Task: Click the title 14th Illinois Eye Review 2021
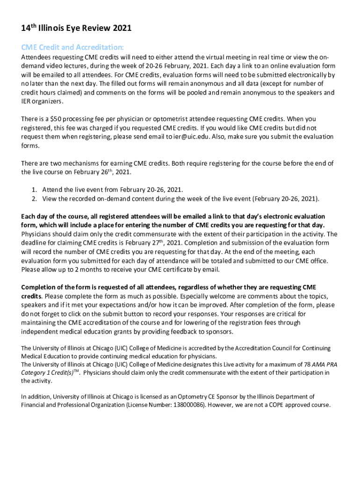76,29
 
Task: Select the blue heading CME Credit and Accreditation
72,47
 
